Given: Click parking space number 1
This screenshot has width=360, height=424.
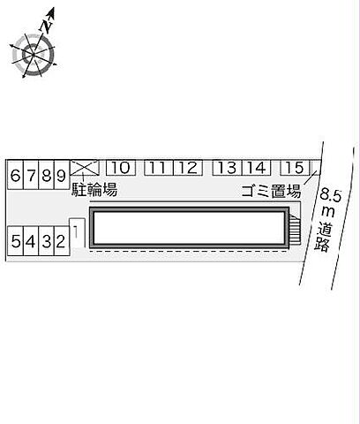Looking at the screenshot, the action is coord(77,233).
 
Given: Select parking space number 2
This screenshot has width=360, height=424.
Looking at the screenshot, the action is coord(62,241).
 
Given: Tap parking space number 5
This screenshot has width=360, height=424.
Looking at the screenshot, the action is coord(16,241).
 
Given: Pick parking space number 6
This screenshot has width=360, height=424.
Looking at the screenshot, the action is coord(16,175).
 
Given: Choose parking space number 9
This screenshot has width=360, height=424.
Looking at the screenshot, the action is coord(62,175).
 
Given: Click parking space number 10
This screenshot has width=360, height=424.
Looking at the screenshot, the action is coord(121,168).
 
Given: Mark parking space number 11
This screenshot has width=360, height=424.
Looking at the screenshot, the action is coord(159,168).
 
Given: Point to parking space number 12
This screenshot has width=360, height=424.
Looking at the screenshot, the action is coord(188,168).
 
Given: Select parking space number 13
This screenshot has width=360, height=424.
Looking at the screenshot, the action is coord(228,168).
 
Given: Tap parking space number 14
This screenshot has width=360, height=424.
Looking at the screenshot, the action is coord(256,168).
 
